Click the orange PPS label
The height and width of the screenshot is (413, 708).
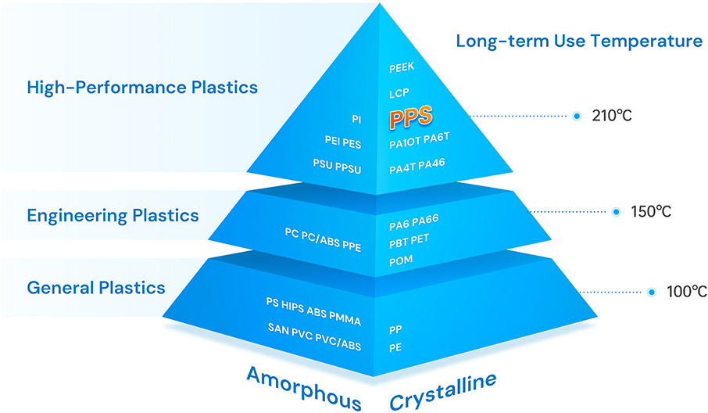[411, 118]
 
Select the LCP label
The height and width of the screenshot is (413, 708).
[399, 94]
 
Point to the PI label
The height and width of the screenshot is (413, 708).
[356, 119]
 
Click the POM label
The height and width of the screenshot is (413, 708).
[401, 260]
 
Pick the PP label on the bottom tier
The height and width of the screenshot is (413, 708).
[395, 330]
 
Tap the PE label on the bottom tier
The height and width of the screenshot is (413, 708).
[395, 347]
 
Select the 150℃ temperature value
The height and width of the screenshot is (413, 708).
[651, 212]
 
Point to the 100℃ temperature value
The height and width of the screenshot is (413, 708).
[687, 293]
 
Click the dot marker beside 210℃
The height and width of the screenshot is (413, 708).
[577, 116]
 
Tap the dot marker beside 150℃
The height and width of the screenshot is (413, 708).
[617, 212]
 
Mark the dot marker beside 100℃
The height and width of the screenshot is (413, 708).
[652, 293]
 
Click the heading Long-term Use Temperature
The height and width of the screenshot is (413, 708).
[579, 41]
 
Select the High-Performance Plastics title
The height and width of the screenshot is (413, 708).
[142, 88]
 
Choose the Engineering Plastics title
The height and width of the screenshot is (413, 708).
[113, 214]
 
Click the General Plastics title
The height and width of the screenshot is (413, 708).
[96, 287]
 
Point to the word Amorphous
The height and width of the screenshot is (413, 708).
[304, 388]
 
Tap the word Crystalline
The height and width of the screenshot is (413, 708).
[442, 391]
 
